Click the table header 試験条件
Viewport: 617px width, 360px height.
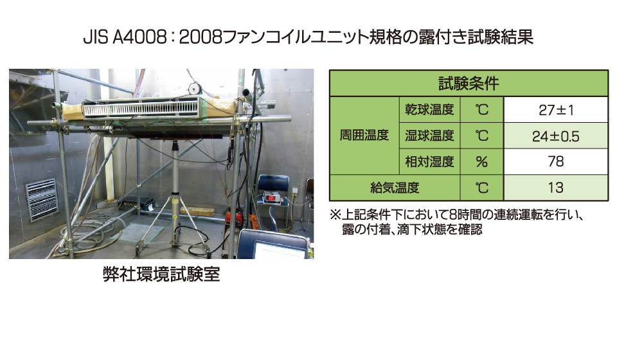[x=469, y=84]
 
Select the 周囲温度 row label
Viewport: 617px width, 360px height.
[x=364, y=136]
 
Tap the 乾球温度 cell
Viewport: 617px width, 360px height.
[x=430, y=109]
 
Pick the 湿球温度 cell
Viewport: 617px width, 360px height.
[x=430, y=136]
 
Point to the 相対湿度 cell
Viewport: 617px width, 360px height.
[x=430, y=161]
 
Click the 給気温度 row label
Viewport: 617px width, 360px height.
[x=395, y=188]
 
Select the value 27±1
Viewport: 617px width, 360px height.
[x=556, y=110]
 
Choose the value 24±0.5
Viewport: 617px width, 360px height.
[x=555, y=136]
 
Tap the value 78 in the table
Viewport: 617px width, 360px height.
[x=555, y=161]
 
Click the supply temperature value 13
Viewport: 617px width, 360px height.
[x=555, y=188]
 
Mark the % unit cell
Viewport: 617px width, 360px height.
[x=481, y=162]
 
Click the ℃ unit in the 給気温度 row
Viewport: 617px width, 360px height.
[x=481, y=188]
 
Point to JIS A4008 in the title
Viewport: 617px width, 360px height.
[x=125, y=37]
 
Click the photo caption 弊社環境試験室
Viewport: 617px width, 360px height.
[x=161, y=274]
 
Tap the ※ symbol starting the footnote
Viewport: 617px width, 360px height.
[x=335, y=215]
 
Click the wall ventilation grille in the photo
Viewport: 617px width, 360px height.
[x=41, y=199]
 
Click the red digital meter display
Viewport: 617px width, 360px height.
[x=271, y=197]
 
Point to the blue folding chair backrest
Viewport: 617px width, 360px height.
[x=274, y=183]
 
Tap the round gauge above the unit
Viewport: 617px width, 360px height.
[x=194, y=87]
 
